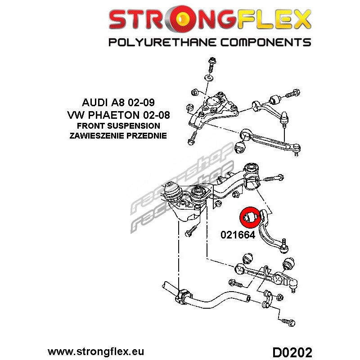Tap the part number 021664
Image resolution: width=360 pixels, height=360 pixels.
[238, 235]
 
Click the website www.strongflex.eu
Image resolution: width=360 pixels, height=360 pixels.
[96, 351]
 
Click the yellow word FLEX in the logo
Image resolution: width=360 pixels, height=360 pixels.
[274, 18]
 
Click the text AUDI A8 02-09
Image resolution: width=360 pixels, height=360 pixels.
[118, 103]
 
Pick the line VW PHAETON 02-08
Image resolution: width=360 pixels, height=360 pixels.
[118, 115]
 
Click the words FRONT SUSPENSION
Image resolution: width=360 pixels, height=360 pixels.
[118, 126]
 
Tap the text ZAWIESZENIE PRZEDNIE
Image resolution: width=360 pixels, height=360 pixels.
[118, 136]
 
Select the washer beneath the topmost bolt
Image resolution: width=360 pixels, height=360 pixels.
[209, 77]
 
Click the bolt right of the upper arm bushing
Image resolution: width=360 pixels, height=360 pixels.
[292, 93]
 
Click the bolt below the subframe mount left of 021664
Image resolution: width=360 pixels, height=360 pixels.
[191, 231]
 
